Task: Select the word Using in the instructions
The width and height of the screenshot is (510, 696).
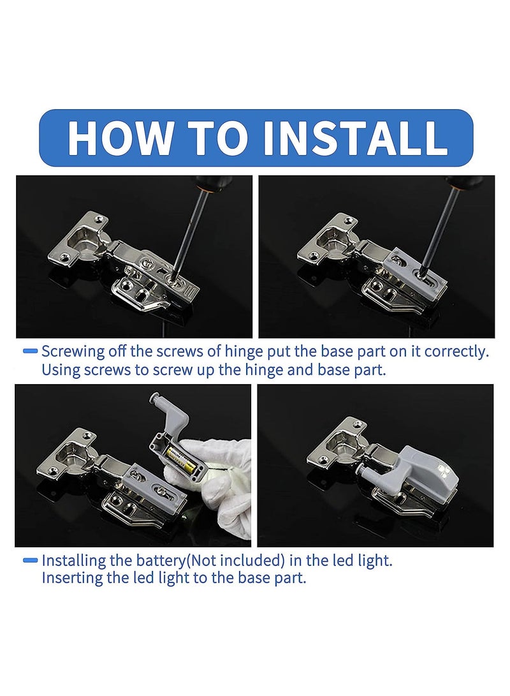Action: [62, 370]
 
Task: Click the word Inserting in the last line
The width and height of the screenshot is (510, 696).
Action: [73, 580]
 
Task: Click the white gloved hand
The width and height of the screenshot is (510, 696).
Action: [220, 485]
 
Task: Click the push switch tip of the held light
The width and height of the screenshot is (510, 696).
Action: [155, 399]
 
